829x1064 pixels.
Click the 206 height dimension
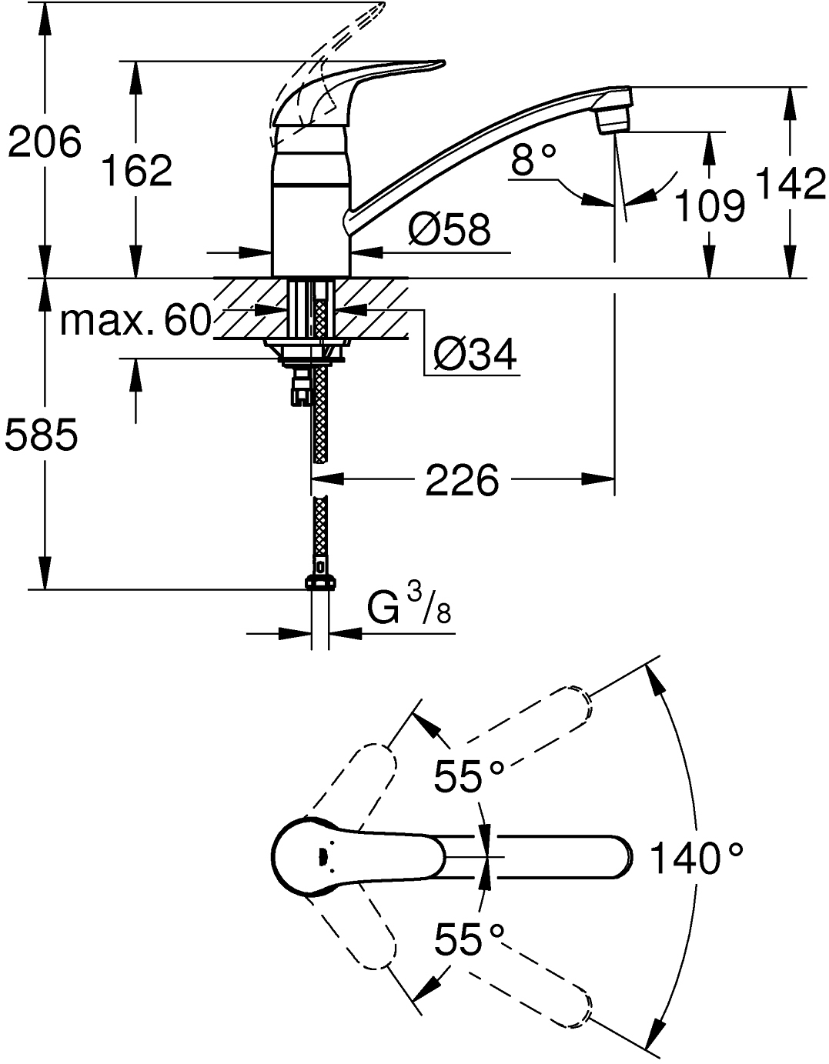(44, 142)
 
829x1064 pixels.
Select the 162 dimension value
(137, 170)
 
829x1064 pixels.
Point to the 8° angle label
(533, 162)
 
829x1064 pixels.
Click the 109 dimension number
(710, 205)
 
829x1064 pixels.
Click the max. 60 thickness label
(135, 320)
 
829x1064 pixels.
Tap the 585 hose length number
(42, 437)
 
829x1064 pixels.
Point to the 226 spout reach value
(462, 482)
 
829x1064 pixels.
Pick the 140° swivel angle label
(697, 858)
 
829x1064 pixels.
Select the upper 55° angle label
(469, 776)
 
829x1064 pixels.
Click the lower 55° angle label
(469, 939)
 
